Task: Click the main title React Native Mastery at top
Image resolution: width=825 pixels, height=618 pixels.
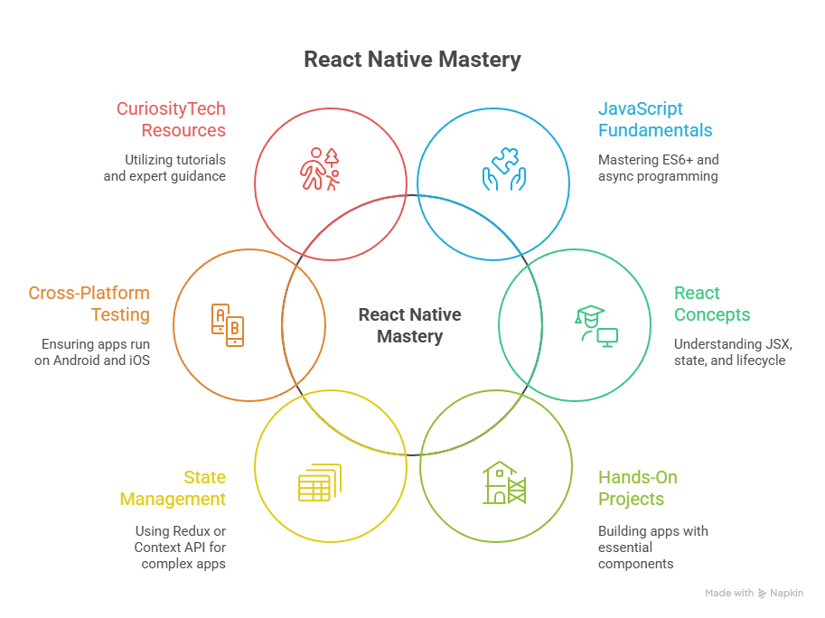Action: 412,60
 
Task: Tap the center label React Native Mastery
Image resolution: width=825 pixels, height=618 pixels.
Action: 409,325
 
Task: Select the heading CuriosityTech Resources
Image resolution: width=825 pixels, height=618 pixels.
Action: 171,119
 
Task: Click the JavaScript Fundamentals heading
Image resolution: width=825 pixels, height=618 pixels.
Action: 654,119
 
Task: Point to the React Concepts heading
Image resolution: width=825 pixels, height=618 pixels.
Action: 711,304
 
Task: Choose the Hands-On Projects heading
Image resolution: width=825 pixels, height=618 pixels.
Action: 637,488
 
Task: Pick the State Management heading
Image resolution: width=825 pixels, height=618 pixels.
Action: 173,488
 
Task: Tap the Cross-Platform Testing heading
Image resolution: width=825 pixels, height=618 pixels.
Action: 89,304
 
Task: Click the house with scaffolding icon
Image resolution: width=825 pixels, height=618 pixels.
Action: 503,482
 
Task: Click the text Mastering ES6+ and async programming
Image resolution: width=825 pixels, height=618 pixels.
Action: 658,168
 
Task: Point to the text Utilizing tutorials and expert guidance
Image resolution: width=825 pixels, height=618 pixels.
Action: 164,168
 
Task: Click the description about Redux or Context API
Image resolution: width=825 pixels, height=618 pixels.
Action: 180,548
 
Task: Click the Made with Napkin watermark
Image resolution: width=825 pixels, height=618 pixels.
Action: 754,593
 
